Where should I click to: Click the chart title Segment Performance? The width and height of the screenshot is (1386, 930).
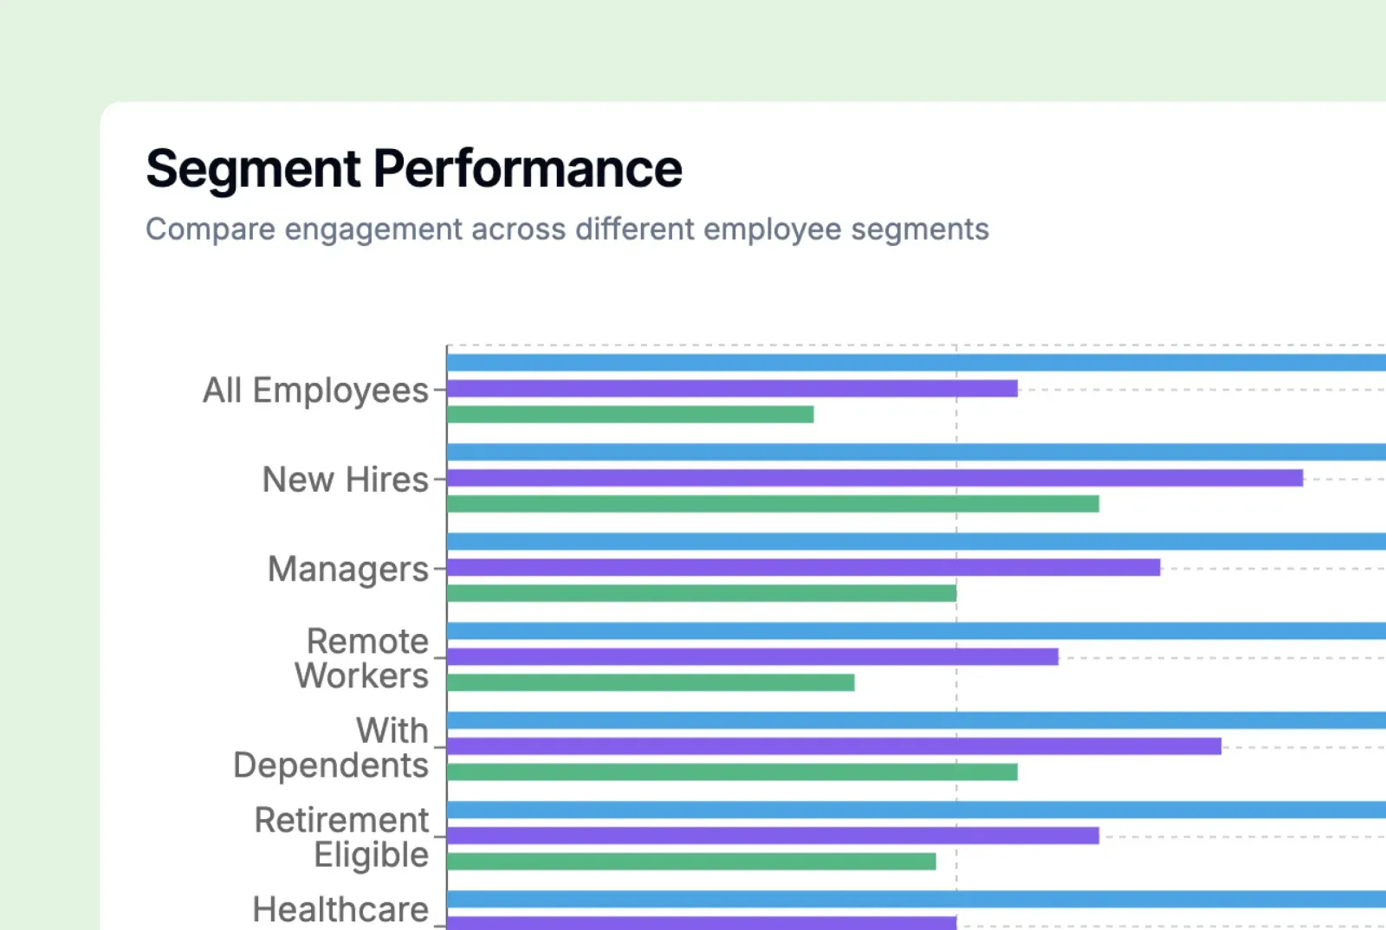[x=414, y=169]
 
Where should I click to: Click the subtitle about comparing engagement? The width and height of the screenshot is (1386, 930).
[x=567, y=229]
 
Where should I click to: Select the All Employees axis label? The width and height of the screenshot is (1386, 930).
[x=315, y=391]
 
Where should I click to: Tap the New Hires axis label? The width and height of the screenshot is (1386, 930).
[x=345, y=480]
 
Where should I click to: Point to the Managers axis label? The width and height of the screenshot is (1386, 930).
[x=347, y=569]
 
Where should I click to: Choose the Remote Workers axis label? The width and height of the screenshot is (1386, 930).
[x=362, y=658]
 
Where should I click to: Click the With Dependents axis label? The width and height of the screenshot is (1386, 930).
[x=332, y=747]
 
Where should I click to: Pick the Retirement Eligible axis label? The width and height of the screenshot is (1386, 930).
[x=342, y=836]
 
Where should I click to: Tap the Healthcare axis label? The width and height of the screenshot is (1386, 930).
[x=340, y=909]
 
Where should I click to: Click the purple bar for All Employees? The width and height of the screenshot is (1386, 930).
[x=732, y=389]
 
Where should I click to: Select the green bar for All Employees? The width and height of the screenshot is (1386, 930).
[x=630, y=415]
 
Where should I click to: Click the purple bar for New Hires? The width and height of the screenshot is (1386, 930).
[x=875, y=478]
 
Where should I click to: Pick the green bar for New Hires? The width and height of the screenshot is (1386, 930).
[x=773, y=504]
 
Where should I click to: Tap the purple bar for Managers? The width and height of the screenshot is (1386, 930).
[x=803, y=567]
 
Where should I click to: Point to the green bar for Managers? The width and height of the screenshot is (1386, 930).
[x=702, y=593]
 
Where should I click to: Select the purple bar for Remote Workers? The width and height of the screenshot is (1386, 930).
[x=752, y=656]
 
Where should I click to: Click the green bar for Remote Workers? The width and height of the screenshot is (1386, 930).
[x=651, y=682]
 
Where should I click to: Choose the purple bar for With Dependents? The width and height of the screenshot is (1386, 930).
[x=833, y=746]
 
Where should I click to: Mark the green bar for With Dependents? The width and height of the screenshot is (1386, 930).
[x=732, y=772]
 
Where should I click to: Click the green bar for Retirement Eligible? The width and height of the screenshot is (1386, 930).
[x=691, y=861]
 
